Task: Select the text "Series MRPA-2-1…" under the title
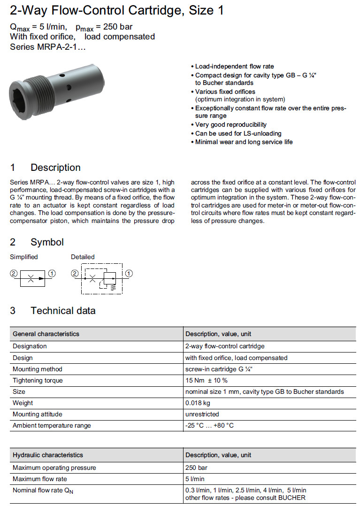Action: pyautogui.click(x=48, y=46)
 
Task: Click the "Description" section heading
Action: pyautogui.click(x=55, y=168)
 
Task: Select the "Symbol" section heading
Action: pyautogui.click(x=47, y=242)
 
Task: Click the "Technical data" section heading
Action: pyautogui.click(x=63, y=311)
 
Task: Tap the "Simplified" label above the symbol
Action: pyautogui.click(x=24, y=257)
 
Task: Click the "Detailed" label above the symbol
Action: pyautogui.click(x=83, y=257)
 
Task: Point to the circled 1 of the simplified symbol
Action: pyautogui.click(x=52, y=273)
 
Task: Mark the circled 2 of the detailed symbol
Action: pyautogui.click(x=74, y=273)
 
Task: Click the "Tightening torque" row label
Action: pyautogui.click(x=38, y=380)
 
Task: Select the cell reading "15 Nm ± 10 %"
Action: pyautogui.click(x=207, y=380)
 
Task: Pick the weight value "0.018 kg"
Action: pyautogui.click(x=198, y=403)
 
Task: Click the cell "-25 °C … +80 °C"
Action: pyautogui.click(x=209, y=425)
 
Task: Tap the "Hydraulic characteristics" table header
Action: pyautogui.click(x=48, y=455)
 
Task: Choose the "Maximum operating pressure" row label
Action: pyautogui.click(x=54, y=468)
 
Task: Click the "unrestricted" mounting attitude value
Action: pyautogui.click(x=202, y=414)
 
